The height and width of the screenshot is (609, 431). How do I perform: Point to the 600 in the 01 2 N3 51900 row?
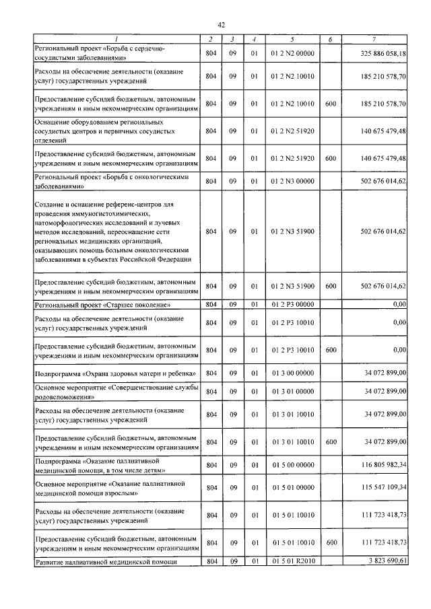coord(330,286)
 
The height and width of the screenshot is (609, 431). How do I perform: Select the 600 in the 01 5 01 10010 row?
coord(330,543)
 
